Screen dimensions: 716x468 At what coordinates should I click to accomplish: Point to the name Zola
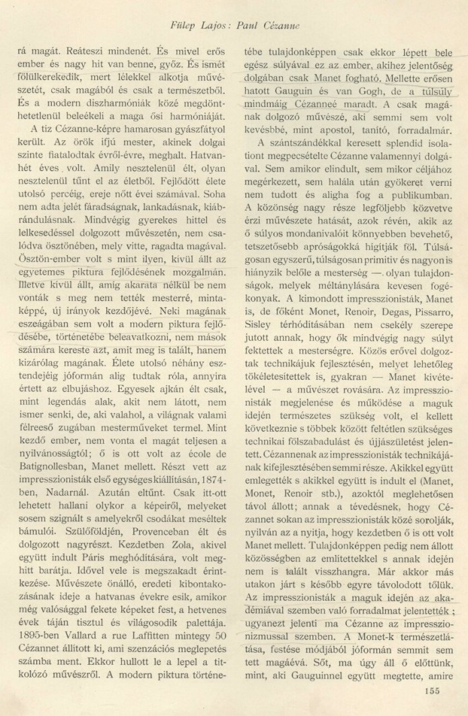158,570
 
